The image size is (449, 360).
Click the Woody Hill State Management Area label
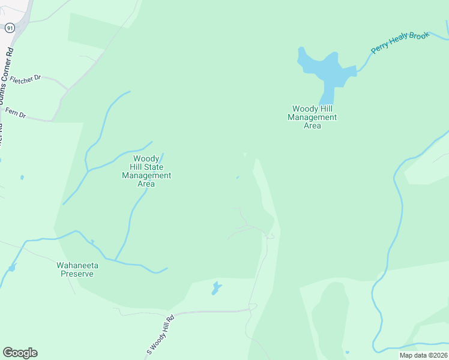(146, 171)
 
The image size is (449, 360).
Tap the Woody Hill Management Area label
(312, 117)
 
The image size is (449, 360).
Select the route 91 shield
(9, 28)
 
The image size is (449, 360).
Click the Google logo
(20, 353)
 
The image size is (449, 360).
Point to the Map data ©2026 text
(423, 355)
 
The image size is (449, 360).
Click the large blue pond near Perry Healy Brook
(325, 69)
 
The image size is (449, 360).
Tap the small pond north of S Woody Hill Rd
(215, 289)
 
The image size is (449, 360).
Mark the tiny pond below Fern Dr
(22, 177)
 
